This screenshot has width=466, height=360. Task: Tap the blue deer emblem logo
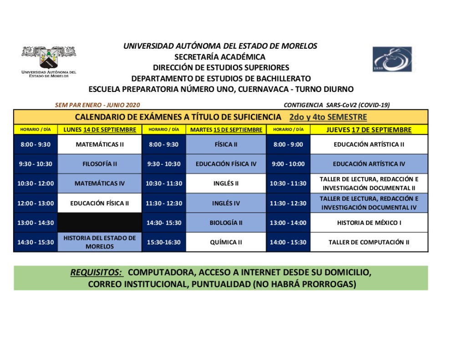pos(392,59)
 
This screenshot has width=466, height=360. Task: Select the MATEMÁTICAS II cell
pos(100,145)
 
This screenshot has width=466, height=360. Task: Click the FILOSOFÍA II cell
pos(100,164)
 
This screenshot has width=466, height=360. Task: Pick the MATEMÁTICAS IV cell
pos(100,183)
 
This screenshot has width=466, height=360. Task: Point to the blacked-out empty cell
pos(100,223)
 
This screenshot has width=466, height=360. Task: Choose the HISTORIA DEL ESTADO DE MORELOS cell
pos(100,242)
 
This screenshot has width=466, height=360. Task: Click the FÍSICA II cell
pos(226,145)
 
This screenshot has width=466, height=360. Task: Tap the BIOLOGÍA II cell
pos(226,223)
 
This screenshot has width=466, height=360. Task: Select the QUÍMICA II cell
pos(226,242)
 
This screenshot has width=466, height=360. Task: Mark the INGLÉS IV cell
pos(226,203)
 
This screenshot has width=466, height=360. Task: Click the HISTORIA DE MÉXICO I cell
pos(369,223)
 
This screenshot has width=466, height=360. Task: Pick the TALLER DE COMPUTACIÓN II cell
pos(369,242)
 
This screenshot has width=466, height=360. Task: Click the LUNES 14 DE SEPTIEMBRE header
pos(100,130)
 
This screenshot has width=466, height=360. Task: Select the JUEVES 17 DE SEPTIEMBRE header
pos(369,130)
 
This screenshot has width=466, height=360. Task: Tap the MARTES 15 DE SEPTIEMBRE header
pos(226,130)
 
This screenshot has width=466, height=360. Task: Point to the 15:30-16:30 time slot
pos(164,242)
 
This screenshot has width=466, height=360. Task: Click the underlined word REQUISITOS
pos(96,273)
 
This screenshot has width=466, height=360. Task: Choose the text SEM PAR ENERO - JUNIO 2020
pos(97,105)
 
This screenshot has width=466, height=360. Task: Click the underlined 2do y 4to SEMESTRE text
pos(328,117)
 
